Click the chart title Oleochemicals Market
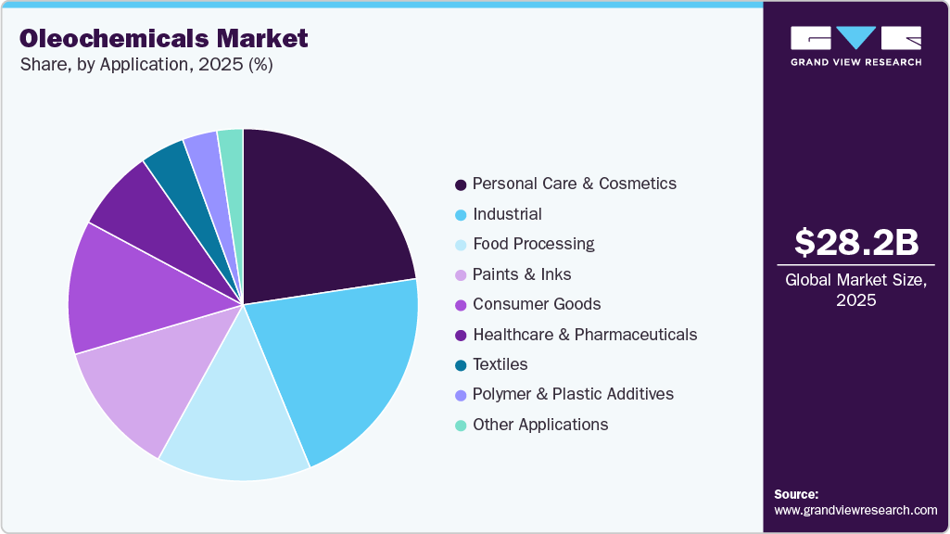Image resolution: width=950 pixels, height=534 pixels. click(x=163, y=39)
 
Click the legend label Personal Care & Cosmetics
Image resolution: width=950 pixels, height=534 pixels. click(x=574, y=184)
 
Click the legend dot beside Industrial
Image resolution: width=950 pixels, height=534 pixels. click(x=461, y=215)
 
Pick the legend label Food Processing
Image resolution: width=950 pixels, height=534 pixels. click(x=533, y=244)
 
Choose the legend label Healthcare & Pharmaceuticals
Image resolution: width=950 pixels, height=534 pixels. click(x=584, y=334)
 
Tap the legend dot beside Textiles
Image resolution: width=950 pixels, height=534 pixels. click(x=461, y=365)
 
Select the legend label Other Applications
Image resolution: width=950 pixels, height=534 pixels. click(x=539, y=425)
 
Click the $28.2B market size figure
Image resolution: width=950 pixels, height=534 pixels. click(x=855, y=242)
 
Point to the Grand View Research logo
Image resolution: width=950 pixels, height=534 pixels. click(x=855, y=45)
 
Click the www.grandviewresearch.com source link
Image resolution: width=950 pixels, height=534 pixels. click(x=855, y=510)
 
